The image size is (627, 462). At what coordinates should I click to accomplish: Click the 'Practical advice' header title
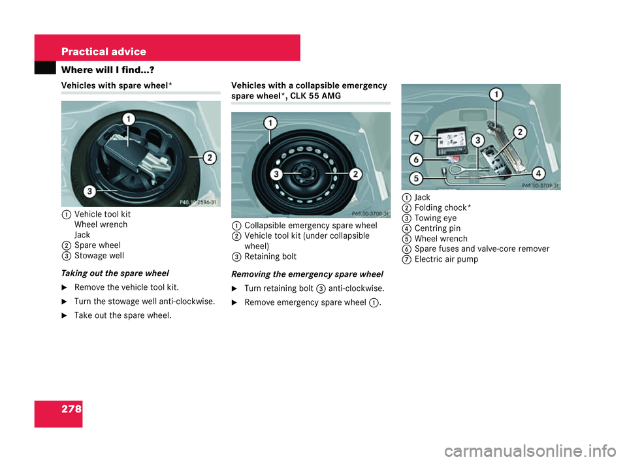[x=103, y=52]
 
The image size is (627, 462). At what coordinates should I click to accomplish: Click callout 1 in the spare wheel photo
[x=129, y=119]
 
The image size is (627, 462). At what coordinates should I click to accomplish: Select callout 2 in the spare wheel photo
[x=210, y=157]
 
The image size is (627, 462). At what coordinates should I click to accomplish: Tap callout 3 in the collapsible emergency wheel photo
[x=276, y=174]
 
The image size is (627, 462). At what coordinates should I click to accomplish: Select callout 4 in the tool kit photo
[x=538, y=174]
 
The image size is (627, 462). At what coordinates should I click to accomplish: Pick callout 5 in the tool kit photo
[x=414, y=177]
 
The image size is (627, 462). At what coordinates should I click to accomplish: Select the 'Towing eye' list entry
[x=435, y=218]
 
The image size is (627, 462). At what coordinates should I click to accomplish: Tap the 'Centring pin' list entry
[x=438, y=228]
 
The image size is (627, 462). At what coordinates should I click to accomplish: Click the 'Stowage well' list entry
[x=99, y=255]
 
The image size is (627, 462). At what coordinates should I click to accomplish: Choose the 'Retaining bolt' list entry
[x=270, y=257]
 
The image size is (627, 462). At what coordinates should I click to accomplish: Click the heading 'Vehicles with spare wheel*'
[x=116, y=85]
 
